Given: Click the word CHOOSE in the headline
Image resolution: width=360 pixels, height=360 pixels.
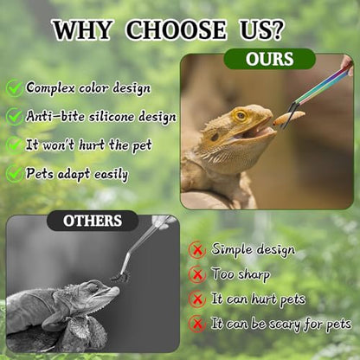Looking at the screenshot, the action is pyautogui.click(x=177, y=29).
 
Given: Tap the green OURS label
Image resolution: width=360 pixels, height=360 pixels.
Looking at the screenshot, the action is pyautogui.click(x=270, y=59).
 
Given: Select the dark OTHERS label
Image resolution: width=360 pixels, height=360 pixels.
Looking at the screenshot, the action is pyautogui.click(x=93, y=221).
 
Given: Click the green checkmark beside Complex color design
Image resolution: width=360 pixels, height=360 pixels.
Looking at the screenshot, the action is pyautogui.click(x=15, y=87).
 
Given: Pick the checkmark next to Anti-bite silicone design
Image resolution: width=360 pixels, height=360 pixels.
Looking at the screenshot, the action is pyautogui.click(x=15, y=116).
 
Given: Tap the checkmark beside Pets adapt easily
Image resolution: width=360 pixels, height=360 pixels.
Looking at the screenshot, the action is pyautogui.click(x=15, y=173).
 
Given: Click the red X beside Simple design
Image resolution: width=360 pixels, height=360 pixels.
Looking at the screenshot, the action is pyautogui.click(x=197, y=250).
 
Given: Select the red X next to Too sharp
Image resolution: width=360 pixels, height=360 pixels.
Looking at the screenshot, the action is pyautogui.click(x=197, y=274).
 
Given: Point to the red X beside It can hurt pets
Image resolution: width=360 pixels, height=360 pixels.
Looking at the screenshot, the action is pyautogui.click(x=197, y=299).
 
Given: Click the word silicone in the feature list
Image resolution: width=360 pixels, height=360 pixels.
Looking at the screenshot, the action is pyautogui.click(x=112, y=117).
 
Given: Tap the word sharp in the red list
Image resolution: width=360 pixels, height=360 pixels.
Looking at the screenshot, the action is pyautogui.click(x=254, y=274).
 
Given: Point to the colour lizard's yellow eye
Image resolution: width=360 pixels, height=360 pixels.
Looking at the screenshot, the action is pyautogui.click(x=241, y=115).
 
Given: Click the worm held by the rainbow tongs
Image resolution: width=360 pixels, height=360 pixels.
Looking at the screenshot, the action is pyautogui.click(x=288, y=118).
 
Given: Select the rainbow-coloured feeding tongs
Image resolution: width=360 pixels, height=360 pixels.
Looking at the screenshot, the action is pyautogui.click(x=318, y=93).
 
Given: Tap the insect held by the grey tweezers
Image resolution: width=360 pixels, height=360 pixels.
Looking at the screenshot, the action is pyautogui.click(x=119, y=278).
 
